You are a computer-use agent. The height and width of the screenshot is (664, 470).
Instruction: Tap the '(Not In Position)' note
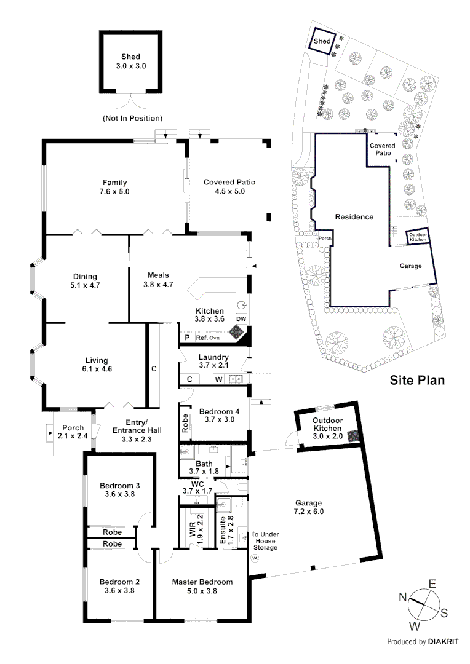coord(132,117)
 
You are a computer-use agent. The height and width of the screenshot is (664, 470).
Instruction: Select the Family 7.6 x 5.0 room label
coord(115,187)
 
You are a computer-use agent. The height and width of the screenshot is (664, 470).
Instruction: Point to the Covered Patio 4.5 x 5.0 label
coord(229,187)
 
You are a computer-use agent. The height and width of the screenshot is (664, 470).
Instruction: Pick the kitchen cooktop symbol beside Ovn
coord(237,333)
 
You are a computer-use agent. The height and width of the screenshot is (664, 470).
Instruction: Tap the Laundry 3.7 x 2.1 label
coord(213,362)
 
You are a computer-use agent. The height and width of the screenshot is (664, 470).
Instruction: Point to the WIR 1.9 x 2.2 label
coord(196,526)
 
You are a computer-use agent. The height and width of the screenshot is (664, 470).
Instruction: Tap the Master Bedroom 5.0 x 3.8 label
coord(202,587)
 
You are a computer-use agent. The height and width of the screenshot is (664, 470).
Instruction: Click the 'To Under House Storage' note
coord(265,540)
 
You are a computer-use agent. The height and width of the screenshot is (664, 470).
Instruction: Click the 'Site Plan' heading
coord(417,380)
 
